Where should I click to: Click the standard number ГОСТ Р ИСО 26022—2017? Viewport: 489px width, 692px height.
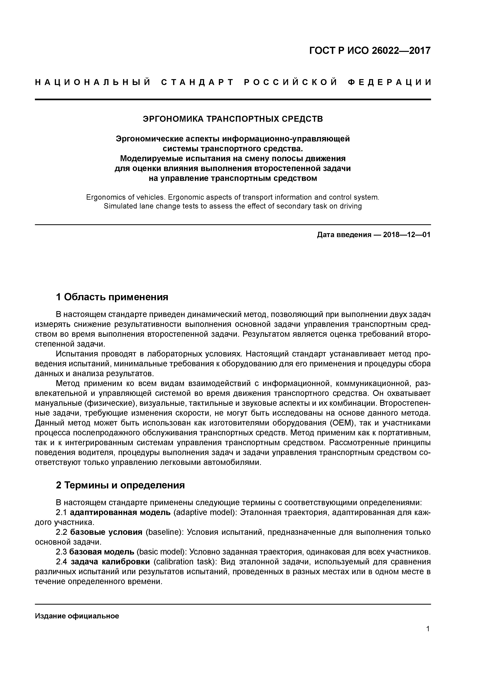click(370, 51)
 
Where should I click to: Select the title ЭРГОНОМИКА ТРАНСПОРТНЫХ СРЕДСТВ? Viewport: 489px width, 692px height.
click(233, 119)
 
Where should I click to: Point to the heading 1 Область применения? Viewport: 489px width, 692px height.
click(112, 297)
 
